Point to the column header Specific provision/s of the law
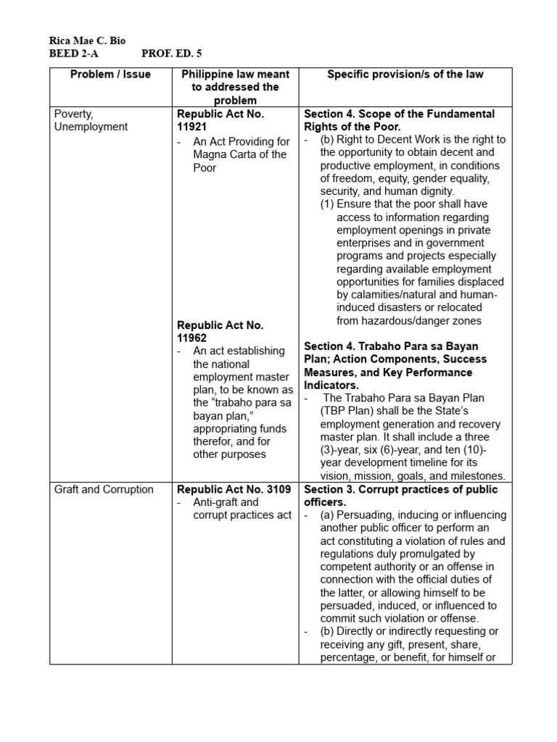pos(405,75)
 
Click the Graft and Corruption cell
pos(104,489)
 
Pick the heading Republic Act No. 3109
pos(234,489)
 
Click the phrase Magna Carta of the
pos(240,154)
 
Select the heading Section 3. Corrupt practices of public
pos(400,489)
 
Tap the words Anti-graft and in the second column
pos(226,502)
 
